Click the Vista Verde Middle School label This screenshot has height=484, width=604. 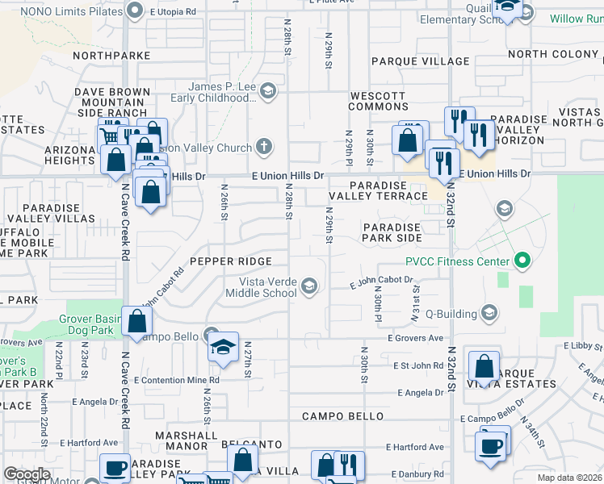[267, 286]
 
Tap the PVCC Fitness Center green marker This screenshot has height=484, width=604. [522, 261]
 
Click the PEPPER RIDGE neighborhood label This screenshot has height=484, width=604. [226, 261]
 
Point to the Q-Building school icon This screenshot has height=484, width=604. [489, 312]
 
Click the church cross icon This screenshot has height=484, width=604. [262, 147]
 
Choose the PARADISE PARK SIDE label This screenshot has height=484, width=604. [392, 233]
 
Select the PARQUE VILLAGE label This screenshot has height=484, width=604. [420, 61]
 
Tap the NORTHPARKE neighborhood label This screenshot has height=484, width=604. [111, 56]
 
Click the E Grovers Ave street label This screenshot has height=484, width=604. [416, 338]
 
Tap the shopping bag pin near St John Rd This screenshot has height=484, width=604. [484, 365]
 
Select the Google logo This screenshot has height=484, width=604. [27, 474]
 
